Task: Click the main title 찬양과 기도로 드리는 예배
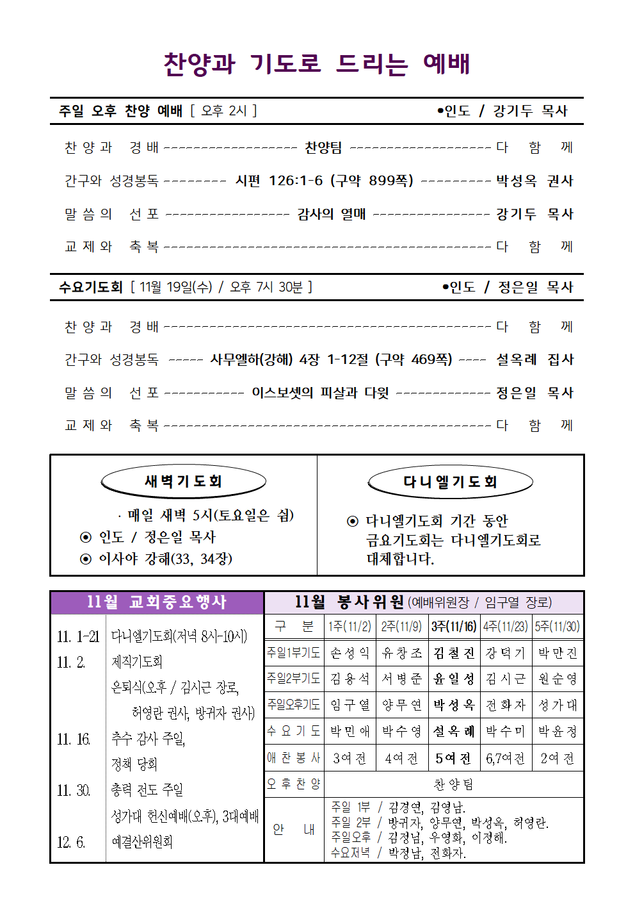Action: [x=317, y=64]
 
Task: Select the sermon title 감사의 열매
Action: [x=332, y=214]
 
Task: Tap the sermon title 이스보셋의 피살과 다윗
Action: [x=320, y=393]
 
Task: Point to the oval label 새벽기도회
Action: [x=183, y=481]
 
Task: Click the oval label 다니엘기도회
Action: [x=450, y=482]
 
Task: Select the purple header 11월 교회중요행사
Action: [x=157, y=602]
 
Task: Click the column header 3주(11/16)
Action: [x=454, y=627]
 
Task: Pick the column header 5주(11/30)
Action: [x=558, y=627]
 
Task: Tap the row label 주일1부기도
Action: [x=293, y=653]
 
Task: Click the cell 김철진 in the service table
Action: [x=454, y=653]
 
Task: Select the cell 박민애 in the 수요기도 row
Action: [x=350, y=731]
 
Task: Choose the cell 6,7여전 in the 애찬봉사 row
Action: [x=505, y=759]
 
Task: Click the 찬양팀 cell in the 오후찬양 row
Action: [x=453, y=784]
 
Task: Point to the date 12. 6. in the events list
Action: [x=71, y=842]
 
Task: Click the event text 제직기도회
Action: [x=137, y=661]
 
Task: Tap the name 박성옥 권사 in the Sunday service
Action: [x=535, y=181]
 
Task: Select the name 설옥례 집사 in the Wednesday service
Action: [x=535, y=359]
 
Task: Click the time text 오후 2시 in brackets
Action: [x=223, y=111]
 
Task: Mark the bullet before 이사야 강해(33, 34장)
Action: [x=86, y=559]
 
